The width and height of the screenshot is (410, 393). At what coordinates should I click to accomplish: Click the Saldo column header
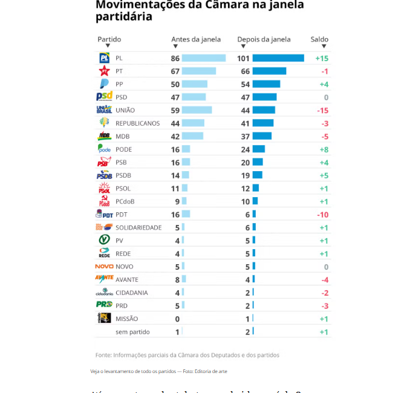click(x=319, y=39)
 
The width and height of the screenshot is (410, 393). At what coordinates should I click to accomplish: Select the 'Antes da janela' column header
click(x=196, y=39)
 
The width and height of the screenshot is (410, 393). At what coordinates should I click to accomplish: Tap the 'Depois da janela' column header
click(x=264, y=39)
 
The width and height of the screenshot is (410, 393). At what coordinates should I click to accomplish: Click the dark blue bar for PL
click(x=278, y=58)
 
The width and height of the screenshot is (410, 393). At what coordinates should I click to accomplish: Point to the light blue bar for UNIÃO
click(x=197, y=110)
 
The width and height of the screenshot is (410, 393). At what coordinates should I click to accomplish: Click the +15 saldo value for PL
click(x=321, y=58)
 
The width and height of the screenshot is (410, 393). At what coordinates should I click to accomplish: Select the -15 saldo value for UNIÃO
click(x=322, y=110)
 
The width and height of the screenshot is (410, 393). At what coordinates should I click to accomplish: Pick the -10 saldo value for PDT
click(x=322, y=215)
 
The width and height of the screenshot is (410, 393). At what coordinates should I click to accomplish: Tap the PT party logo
click(x=104, y=71)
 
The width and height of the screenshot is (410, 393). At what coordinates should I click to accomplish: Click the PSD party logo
click(x=104, y=97)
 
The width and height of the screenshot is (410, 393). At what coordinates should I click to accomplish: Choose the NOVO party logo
click(x=104, y=267)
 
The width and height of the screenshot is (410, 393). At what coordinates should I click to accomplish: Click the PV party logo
click(x=104, y=240)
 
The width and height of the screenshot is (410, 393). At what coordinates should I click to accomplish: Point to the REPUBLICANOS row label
click(x=138, y=123)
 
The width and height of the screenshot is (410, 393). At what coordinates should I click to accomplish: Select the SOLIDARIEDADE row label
click(x=138, y=227)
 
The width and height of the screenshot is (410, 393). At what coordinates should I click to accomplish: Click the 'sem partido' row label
click(x=132, y=332)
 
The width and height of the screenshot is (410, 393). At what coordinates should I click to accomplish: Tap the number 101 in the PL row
click(x=243, y=58)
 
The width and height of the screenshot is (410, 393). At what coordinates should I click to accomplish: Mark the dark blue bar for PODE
click(x=258, y=149)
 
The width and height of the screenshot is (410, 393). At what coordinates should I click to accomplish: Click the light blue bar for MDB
click(x=192, y=136)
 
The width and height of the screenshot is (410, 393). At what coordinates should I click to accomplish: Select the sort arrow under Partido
click(x=108, y=46)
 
